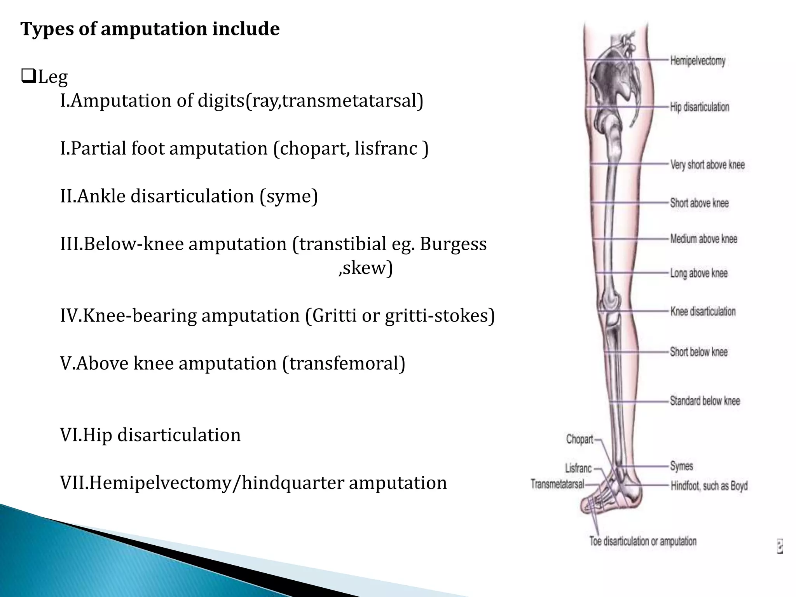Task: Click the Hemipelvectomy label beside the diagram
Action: (698, 61)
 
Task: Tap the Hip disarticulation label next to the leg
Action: (700, 107)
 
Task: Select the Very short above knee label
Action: (707, 165)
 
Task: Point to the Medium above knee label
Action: (703, 239)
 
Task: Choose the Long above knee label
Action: (699, 273)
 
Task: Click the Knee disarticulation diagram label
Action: (703, 311)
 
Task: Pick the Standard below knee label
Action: (705, 401)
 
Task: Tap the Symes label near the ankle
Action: (681, 466)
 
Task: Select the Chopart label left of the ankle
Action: (580, 440)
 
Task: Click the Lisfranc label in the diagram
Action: (578, 468)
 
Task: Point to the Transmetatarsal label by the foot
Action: (557, 484)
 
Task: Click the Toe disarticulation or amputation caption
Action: (643, 541)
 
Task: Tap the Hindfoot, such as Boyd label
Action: (709, 486)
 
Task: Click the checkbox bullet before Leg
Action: (28, 76)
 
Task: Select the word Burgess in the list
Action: (453, 244)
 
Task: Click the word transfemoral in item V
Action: (344, 363)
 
